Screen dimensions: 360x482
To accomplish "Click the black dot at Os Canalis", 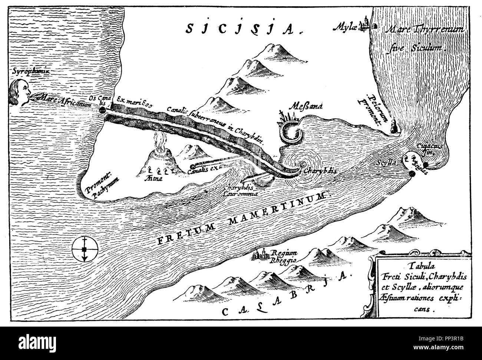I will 103,111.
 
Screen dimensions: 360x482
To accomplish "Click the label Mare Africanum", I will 64,105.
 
